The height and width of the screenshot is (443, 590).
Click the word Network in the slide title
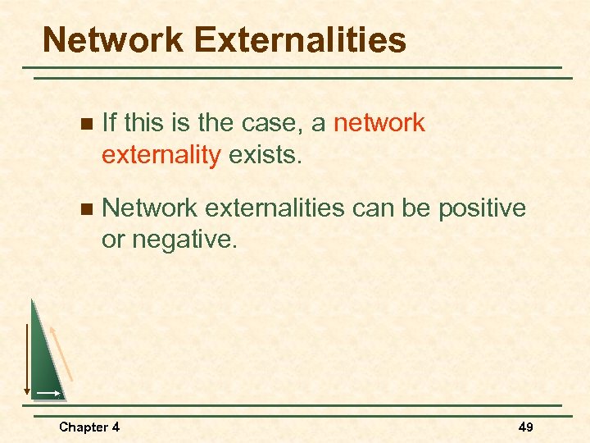[110, 39]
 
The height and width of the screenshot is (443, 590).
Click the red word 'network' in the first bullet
[379, 123]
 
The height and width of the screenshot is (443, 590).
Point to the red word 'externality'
[161, 155]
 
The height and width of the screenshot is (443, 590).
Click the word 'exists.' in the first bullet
[265, 155]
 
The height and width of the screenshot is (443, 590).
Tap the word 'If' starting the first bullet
[110, 123]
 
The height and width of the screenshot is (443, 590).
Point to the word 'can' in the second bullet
[374, 208]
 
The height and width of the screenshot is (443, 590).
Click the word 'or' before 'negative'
[113, 240]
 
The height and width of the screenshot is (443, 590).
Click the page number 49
[525, 427]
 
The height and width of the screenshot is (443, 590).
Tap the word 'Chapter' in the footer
[83, 427]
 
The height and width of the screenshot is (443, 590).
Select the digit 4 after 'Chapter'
[115, 427]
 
